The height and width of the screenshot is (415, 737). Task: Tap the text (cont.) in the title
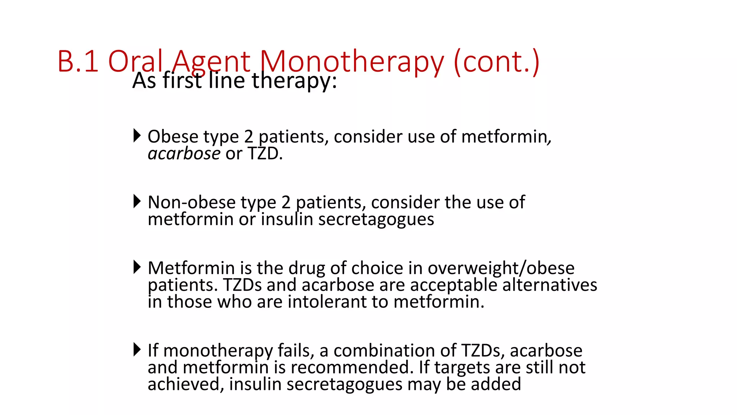pyautogui.click(x=497, y=62)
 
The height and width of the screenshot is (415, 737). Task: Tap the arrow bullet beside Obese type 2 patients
pyautogui.click(x=137, y=135)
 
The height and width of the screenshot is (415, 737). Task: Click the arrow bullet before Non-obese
pyautogui.click(x=137, y=201)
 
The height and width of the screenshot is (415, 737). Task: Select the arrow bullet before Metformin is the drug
pyautogui.click(x=137, y=267)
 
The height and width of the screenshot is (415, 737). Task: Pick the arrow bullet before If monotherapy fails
pyautogui.click(x=137, y=349)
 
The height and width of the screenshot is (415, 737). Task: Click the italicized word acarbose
pyautogui.click(x=184, y=154)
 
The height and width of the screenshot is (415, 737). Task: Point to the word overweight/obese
pyautogui.click(x=501, y=268)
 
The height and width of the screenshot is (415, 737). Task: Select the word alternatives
pyautogui.click(x=550, y=285)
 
